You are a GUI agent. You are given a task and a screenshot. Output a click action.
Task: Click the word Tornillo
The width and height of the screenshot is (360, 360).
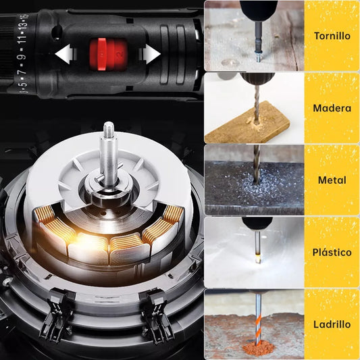click(332, 36)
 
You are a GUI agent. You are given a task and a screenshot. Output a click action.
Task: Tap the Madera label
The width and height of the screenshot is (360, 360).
click(332, 108)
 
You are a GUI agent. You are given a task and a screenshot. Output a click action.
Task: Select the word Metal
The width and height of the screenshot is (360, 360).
click(332, 180)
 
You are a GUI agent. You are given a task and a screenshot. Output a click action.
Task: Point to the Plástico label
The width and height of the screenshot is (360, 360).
click(332, 253)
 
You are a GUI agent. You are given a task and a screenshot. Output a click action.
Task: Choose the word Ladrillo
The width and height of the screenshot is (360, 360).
click(332, 324)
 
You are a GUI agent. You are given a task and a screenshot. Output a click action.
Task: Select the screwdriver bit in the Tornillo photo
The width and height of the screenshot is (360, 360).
click(257, 45)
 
